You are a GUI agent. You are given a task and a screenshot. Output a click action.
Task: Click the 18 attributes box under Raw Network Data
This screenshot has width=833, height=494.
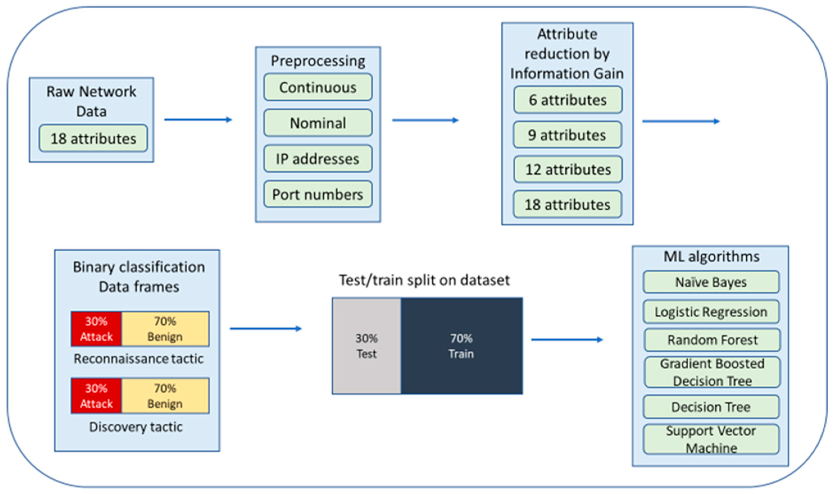[x=93, y=138]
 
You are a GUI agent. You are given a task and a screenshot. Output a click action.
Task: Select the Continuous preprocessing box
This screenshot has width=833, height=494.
[x=318, y=87]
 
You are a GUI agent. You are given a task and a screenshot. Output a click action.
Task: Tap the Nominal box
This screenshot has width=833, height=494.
[x=318, y=123]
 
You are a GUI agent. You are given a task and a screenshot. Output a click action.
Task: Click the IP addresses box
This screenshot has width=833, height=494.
[x=318, y=159]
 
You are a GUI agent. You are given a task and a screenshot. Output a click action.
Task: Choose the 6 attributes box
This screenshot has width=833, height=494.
[x=568, y=100]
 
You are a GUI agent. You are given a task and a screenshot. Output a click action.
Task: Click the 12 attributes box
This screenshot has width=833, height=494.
[x=568, y=170]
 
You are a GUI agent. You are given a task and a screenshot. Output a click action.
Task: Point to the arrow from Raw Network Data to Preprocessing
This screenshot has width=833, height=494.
[x=198, y=120]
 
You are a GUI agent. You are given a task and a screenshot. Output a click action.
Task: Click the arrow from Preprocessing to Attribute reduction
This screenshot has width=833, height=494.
[x=425, y=120]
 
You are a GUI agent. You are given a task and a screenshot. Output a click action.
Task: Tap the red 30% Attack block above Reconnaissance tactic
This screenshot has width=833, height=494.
[x=96, y=329]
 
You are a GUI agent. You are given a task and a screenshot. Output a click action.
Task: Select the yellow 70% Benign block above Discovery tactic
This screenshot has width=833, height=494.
[x=165, y=396]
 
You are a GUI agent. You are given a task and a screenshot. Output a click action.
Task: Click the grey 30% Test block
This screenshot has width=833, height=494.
[x=367, y=346]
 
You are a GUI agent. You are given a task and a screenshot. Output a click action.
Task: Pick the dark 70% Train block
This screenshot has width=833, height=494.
[x=461, y=346]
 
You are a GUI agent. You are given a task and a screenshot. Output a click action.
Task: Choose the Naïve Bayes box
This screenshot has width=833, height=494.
[x=711, y=282]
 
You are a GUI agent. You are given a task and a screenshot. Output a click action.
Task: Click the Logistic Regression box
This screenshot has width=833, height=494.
[x=711, y=312]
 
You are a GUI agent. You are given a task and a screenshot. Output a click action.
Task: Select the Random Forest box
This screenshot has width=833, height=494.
[x=712, y=340]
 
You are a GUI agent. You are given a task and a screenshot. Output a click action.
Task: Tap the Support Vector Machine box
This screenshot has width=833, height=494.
[x=711, y=439]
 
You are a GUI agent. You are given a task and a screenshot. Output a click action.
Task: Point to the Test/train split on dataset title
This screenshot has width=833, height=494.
[x=424, y=280]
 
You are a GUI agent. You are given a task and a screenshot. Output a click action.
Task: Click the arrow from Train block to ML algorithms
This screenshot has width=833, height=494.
[x=567, y=340]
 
